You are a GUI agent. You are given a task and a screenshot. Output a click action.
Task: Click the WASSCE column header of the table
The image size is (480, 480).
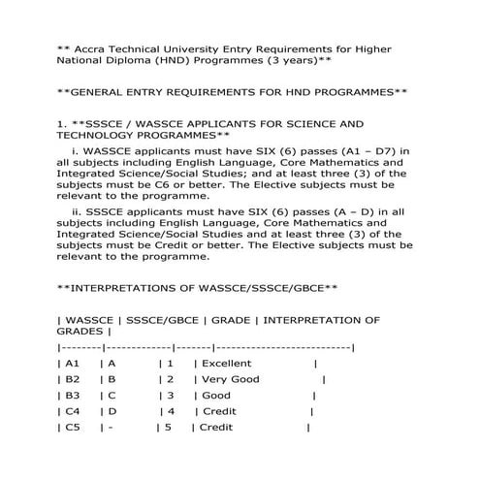(x=90, y=320)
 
